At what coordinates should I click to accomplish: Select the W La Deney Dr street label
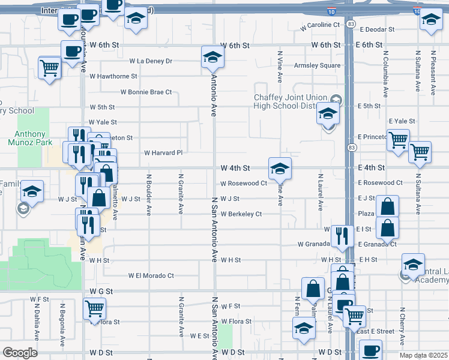(x=151, y=61)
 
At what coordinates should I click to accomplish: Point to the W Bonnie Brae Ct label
(x=146, y=92)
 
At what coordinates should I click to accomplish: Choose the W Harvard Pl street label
(x=163, y=152)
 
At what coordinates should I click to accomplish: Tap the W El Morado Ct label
(x=151, y=275)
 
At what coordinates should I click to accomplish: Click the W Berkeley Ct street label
(x=241, y=214)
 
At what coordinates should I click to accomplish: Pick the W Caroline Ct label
(x=319, y=25)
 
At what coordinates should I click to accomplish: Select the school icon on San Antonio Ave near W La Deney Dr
(x=212, y=58)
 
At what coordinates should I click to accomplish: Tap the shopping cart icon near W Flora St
(x=95, y=309)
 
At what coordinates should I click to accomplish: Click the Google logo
(x=19, y=353)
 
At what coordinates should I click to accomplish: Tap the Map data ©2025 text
(x=423, y=355)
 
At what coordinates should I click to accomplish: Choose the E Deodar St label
(x=377, y=29)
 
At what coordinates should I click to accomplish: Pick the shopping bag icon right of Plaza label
(x=388, y=207)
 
